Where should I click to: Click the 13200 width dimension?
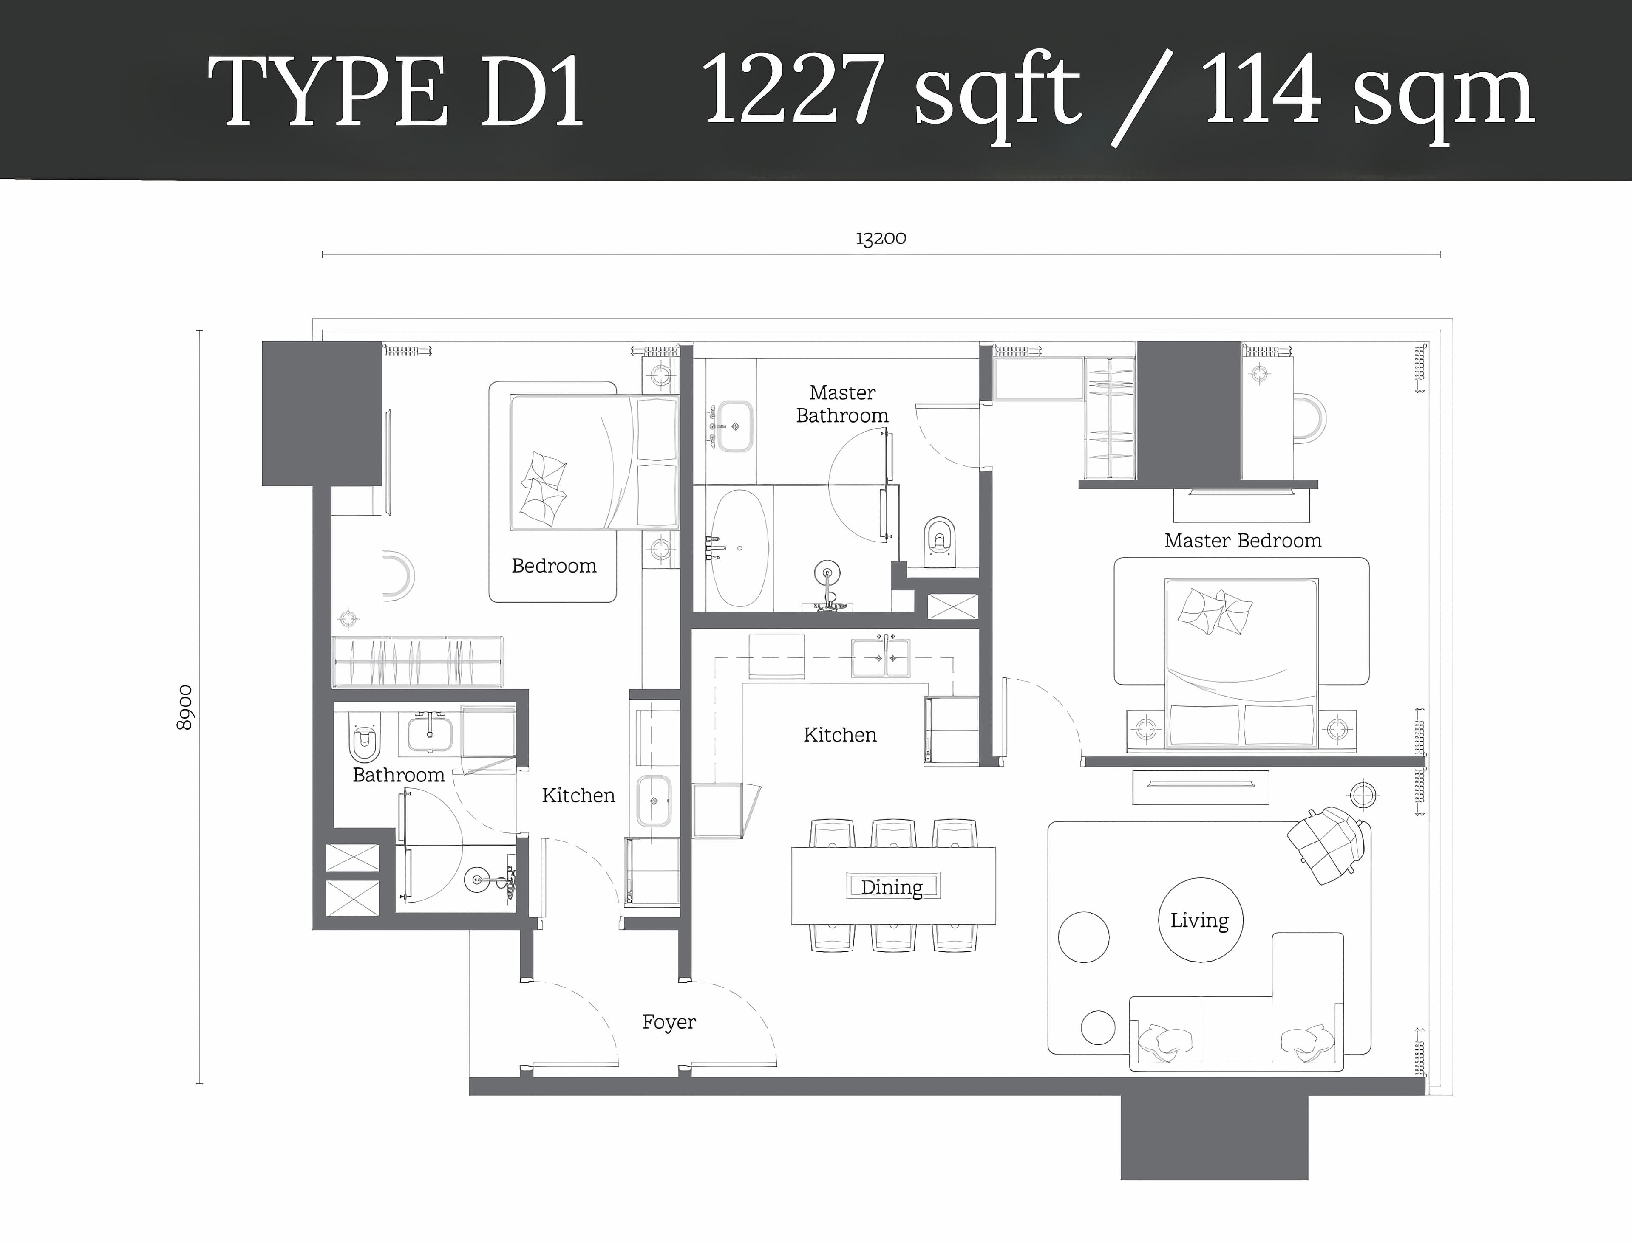(x=880, y=238)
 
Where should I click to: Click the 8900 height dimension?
(x=184, y=707)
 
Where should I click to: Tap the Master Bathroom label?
(x=842, y=404)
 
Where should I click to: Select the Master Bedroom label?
(x=1242, y=541)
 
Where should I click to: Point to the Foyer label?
(x=669, y=1022)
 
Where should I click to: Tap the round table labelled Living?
(x=1200, y=920)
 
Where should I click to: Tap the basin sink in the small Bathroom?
(x=430, y=733)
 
